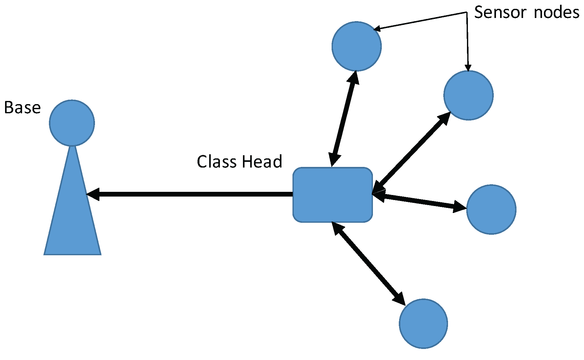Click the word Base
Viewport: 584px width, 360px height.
coord(22,108)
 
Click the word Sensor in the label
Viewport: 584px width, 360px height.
coord(500,13)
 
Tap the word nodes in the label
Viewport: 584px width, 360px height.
coord(557,13)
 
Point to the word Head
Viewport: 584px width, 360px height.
coord(262,162)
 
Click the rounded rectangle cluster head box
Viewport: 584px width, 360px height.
coord(333,195)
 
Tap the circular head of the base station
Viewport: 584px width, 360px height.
coord(72,123)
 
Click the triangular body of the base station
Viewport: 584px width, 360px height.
coord(73,218)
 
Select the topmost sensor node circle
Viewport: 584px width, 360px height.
coord(357,46)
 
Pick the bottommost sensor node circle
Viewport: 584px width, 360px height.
coord(423,323)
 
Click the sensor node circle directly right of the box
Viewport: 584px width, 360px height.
coord(491,209)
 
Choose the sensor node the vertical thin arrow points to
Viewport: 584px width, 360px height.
coord(468,95)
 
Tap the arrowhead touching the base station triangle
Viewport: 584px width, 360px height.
coord(93,194)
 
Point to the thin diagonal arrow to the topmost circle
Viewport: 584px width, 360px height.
coord(420,21)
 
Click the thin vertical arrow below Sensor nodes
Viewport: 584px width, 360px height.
coord(467,41)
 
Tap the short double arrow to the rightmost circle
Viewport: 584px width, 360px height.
coord(420,202)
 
